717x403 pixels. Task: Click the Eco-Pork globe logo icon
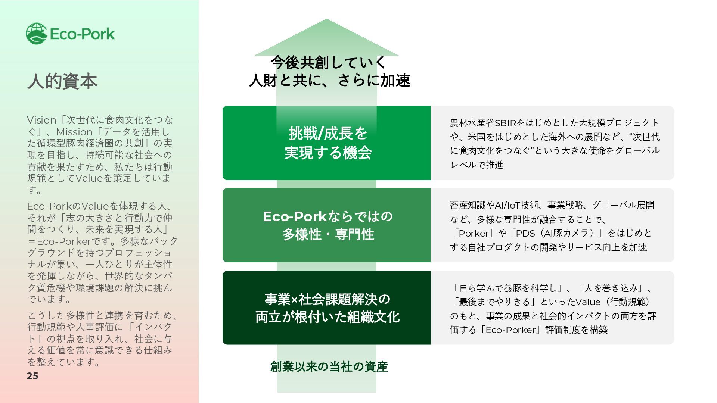36,34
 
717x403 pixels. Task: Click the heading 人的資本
62,81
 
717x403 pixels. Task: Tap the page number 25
32,376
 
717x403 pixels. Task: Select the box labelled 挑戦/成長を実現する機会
326,143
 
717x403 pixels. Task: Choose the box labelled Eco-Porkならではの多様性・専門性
326,225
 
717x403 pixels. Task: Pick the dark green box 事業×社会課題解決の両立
326,308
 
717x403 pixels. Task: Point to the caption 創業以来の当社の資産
329,367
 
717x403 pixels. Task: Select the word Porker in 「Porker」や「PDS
474,234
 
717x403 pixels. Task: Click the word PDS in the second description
525,234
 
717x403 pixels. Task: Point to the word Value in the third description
588,302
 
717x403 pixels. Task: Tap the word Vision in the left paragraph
41,120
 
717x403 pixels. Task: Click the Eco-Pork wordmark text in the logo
82,34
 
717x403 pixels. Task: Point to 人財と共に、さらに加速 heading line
329,80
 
